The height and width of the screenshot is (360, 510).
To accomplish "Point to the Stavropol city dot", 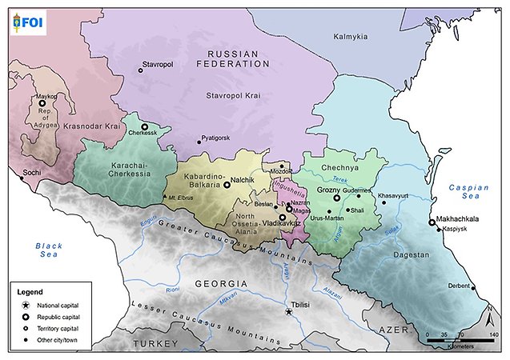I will [141, 70].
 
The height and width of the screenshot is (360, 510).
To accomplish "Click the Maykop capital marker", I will [42, 103].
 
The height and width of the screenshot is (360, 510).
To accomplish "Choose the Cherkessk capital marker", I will [145, 126].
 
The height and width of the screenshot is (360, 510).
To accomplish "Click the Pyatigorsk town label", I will [217, 138].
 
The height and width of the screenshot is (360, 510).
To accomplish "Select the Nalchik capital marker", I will [227, 184].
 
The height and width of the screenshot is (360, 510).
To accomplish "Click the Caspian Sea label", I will [468, 193].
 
